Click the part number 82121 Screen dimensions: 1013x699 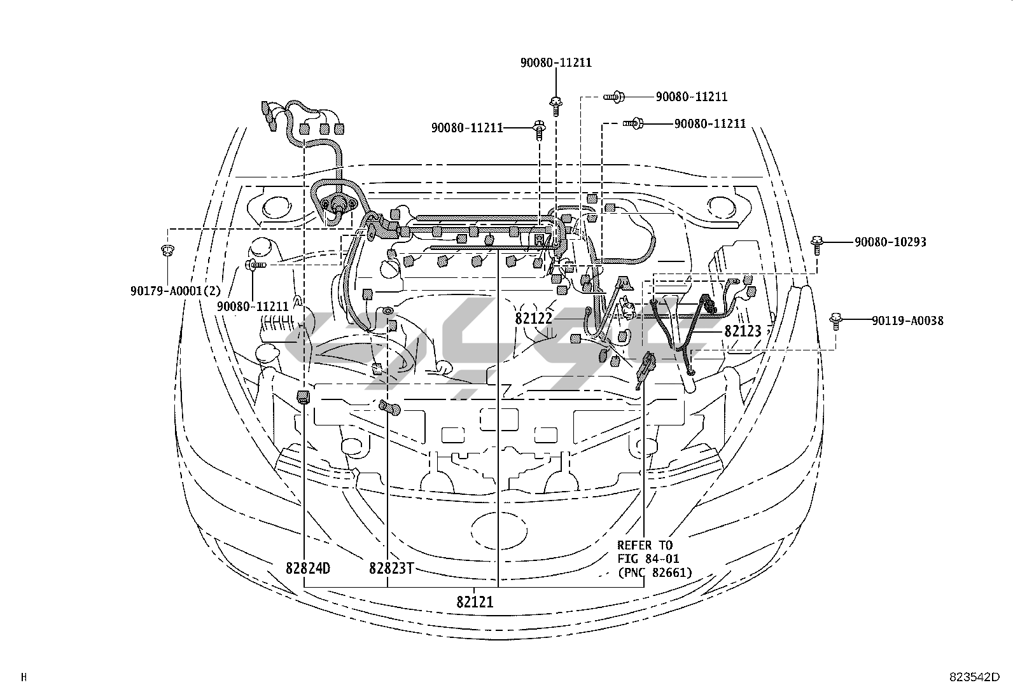[475, 602]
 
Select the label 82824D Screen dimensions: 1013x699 [308, 568]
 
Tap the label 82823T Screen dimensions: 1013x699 [391, 568]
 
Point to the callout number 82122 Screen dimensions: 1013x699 [534, 319]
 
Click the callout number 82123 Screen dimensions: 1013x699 [743, 331]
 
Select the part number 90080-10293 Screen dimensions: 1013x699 [890, 242]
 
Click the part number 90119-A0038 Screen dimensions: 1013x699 [907, 321]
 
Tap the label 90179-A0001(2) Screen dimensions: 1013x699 [176, 291]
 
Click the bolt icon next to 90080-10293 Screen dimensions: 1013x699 [817, 244]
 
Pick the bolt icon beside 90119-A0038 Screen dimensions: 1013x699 [835, 322]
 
